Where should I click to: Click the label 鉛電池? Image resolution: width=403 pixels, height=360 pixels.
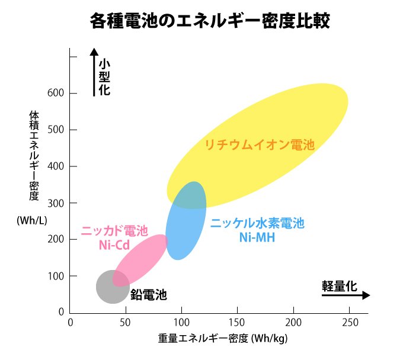click(148, 294)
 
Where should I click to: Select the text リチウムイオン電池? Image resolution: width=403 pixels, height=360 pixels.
click(259, 144)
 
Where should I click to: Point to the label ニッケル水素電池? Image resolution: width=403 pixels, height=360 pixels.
click(257, 224)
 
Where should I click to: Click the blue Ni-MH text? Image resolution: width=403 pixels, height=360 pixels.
click(257, 237)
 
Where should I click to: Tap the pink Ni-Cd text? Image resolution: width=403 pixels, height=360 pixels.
click(114, 244)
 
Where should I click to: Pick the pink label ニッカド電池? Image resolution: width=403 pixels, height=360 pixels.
click(114, 231)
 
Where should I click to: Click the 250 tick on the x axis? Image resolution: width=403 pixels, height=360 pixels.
click(349, 323)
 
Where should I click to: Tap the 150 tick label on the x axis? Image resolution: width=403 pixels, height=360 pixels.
click(237, 323)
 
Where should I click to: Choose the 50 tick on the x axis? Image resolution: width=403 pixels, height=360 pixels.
click(126, 323)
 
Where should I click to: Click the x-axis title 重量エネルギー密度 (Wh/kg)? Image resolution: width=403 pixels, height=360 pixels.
click(222, 339)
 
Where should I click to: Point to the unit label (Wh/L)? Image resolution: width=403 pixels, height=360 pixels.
click(31, 221)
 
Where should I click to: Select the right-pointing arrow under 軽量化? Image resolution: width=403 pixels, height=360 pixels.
click(346, 295)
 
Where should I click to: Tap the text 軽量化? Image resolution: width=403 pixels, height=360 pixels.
click(340, 285)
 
